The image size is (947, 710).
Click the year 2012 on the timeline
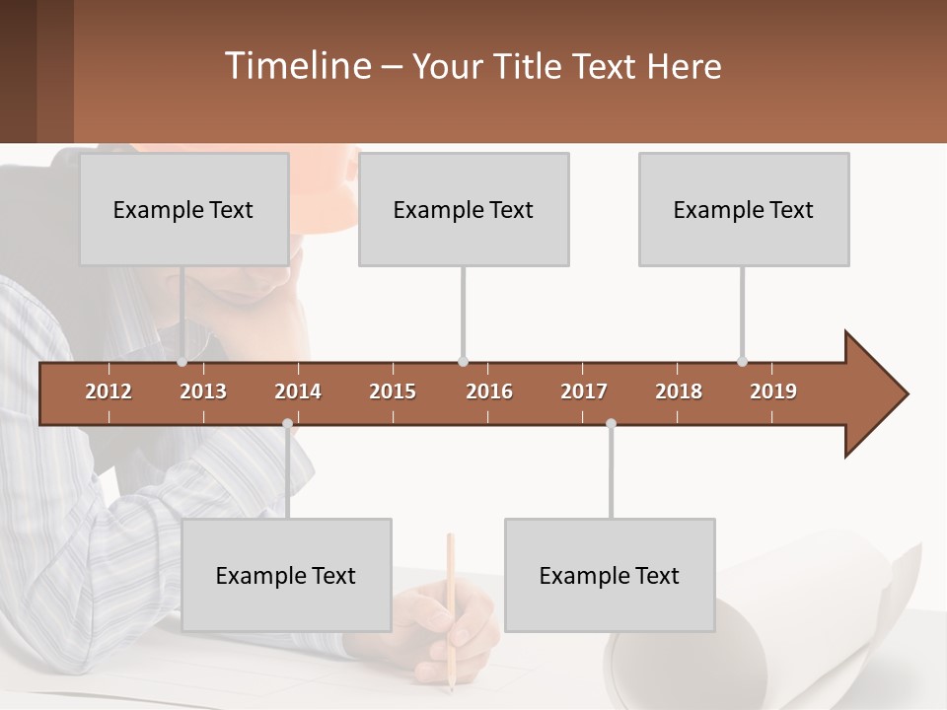click(109, 391)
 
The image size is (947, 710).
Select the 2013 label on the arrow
click(203, 391)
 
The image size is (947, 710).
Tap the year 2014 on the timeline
click(298, 391)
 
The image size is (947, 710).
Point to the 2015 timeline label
click(393, 391)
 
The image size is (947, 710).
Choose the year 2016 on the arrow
click(489, 391)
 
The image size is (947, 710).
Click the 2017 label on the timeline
click(584, 391)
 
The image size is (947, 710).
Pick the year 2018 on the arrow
click(679, 391)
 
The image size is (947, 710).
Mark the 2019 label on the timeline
click(773, 391)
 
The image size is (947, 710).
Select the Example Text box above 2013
click(183, 209)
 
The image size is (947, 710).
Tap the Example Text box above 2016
click(464, 209)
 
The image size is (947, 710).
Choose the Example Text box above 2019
click(744, 209)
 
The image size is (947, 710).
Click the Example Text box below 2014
click(286, 575)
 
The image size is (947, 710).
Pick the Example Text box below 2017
click(610, 575)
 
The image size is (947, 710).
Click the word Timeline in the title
click(296, 65)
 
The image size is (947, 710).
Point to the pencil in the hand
click(451, 592)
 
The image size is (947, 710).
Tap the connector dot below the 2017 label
click(611, 424)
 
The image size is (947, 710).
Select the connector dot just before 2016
click(463, 362)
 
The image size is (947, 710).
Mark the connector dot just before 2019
click(742, 362)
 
